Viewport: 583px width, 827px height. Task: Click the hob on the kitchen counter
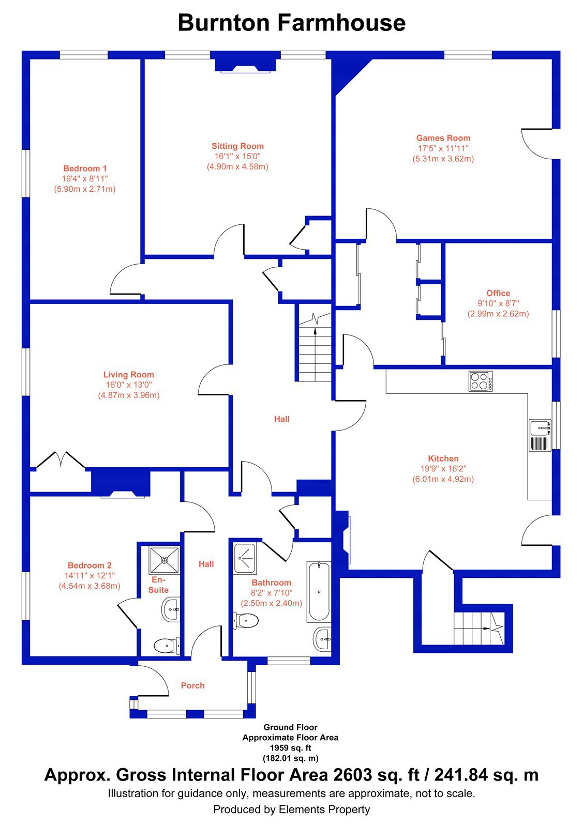480,381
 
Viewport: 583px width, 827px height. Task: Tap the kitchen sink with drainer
540,435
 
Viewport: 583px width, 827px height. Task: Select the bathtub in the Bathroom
319,592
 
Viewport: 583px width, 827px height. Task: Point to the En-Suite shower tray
165,560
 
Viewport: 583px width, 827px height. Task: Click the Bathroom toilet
245,621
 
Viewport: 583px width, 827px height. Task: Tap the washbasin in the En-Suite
171,609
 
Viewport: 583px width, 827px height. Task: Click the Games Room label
443,137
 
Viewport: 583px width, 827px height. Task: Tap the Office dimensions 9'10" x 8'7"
498,303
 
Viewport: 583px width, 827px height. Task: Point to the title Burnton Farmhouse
292,23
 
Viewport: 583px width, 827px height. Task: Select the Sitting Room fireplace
245,65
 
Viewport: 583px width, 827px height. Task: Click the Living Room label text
129,374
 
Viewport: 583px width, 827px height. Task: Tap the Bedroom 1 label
85,169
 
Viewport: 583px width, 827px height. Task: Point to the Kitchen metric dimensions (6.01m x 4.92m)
443,479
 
